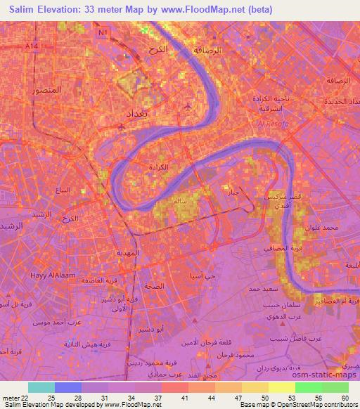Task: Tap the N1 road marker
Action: tap(103, 33)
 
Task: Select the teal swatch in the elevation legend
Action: tap(41, 387)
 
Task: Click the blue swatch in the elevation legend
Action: tap(67, 387)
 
